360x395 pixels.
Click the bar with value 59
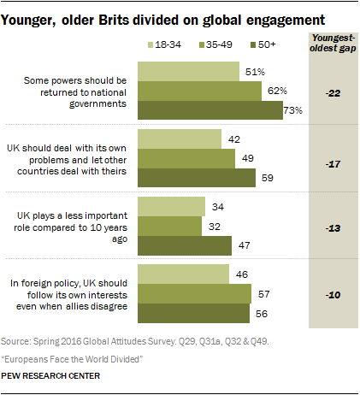click(197, 177)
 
